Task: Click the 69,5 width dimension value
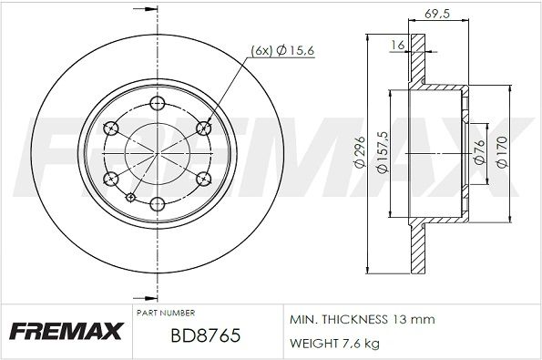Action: [437, 14]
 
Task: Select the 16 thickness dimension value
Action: [398, 45]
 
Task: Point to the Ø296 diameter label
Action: [360, 152]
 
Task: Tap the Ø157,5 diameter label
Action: [383, 152]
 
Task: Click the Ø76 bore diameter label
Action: [479, 152]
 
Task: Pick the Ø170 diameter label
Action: [502, 152]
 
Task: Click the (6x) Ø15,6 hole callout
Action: [282, 51]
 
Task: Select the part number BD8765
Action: [206, 335]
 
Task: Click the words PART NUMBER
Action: [166, 314]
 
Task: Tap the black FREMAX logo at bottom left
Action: [66, 332]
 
